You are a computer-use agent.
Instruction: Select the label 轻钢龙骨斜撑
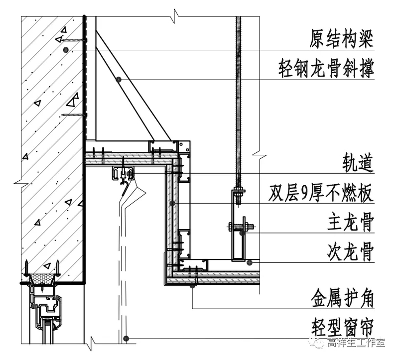coord(326,69)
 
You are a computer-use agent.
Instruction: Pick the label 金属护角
coord(341,299)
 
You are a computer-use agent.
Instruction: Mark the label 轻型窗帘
coord(341,328)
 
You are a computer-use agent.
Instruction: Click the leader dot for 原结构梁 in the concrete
coord(66,50)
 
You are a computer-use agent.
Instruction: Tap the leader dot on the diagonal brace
coord(119,79)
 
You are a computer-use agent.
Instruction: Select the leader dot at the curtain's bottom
coord(128,339)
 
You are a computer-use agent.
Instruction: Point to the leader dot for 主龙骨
coord(242,233)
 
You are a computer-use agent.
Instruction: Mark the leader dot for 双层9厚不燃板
coord(172,203)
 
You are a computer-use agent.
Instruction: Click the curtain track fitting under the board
coord(123,174)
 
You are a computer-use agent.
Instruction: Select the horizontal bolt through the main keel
coord(241,227)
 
